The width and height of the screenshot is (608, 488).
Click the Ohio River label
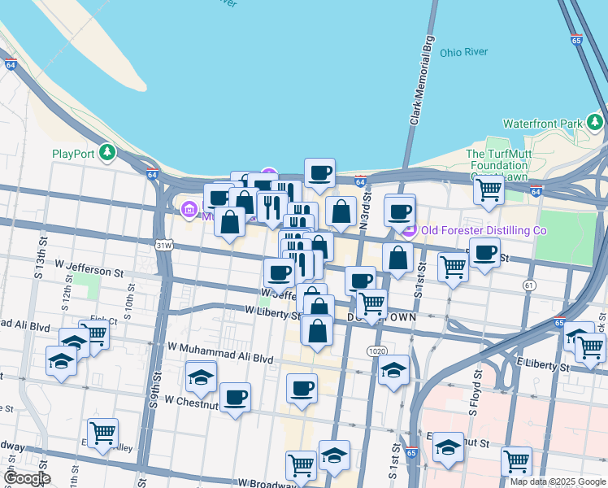click(x=463, y=52)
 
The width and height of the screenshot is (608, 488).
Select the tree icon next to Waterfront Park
click(x=596, y=123)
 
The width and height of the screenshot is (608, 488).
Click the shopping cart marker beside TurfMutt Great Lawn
click(x=489, y=190)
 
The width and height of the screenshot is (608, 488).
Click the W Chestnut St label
click(x=193, y=400)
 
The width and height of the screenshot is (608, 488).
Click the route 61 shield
click(x=530, y=285)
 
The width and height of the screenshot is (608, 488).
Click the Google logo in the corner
click(x=27, y=478)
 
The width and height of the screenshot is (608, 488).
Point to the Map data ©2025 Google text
click(x=558, y=481)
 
